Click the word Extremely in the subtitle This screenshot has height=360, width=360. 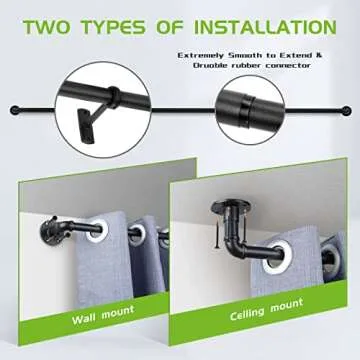pyautogui.click(x=206, y=56)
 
